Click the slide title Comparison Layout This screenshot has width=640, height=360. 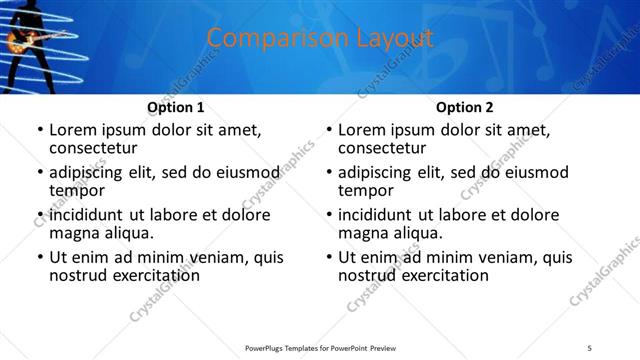pyautogui.click(x=320, y=39)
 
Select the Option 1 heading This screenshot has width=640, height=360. pyautogui.click(x=176, y=107)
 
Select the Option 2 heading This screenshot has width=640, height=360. pyautogui.click(x=465, y=107)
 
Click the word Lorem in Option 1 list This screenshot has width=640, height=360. pyautogui.click(x=73, y=130)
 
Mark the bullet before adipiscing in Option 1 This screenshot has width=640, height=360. pyautogui.click(x=39, y=173)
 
